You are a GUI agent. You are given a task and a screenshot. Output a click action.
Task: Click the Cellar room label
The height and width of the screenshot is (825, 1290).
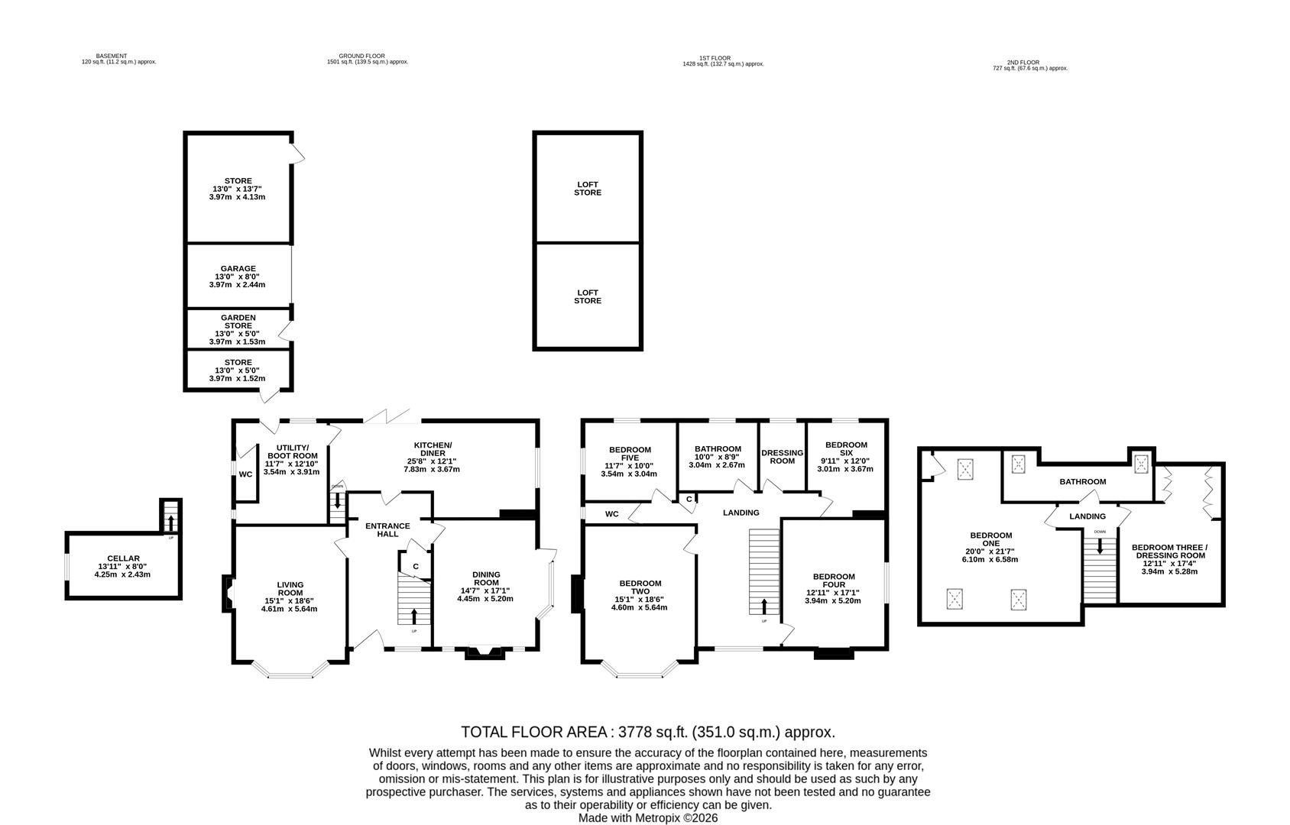click(123, 558)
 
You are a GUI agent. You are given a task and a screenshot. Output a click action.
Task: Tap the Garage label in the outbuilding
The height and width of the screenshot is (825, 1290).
click(238, 269)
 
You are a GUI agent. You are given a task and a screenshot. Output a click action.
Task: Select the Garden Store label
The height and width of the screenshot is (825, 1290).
click(238, 322)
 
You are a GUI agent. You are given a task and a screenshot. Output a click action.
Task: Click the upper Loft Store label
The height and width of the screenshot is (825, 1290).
click(588, 189)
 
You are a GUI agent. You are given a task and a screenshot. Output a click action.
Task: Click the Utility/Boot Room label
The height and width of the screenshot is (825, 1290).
click(292, 451)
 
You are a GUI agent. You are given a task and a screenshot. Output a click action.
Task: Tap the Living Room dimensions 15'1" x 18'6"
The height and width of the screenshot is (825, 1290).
click(290, 601)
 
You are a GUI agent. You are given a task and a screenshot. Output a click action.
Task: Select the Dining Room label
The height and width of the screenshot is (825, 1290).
click(486, 578)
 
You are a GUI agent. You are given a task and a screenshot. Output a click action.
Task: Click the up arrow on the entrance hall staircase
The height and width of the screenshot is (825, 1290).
click(414, 616)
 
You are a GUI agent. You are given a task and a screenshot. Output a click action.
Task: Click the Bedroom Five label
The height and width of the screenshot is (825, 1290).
click(630, 454)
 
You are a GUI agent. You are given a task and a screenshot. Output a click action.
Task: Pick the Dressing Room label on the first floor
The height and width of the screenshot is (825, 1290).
click(783, 457)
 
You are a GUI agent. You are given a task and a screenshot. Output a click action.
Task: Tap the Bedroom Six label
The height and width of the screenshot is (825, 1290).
click(846, 448)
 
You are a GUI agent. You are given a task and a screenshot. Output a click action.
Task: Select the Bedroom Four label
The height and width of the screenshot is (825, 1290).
click(834, 581)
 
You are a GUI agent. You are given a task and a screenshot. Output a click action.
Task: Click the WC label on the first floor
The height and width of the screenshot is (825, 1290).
click(612, 514)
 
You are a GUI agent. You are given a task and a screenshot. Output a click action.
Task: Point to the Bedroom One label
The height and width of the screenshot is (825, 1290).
click(991, 539)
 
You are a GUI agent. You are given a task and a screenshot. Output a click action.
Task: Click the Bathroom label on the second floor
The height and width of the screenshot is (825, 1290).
click(1082, 482)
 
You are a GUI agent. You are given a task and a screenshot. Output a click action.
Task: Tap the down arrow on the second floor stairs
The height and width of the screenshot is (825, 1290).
click(1100, 547)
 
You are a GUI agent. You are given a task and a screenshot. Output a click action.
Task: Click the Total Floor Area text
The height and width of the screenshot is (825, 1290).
click(647, 732)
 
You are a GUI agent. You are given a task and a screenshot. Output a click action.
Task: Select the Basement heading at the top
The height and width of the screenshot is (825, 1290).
click(112, 56)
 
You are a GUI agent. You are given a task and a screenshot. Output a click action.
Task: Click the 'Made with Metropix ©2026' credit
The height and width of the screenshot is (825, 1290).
click(647, 818)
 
